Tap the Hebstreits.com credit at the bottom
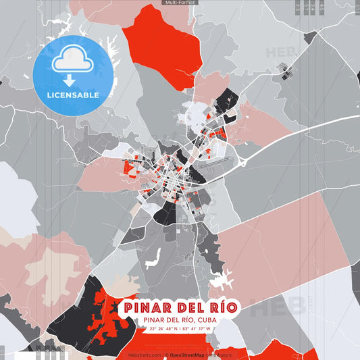click(x=145, y=355)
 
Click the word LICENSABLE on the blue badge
click(x=73, y=95)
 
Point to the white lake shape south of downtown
click(x=153, y=257)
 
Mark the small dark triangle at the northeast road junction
click(x=310, y=37)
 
